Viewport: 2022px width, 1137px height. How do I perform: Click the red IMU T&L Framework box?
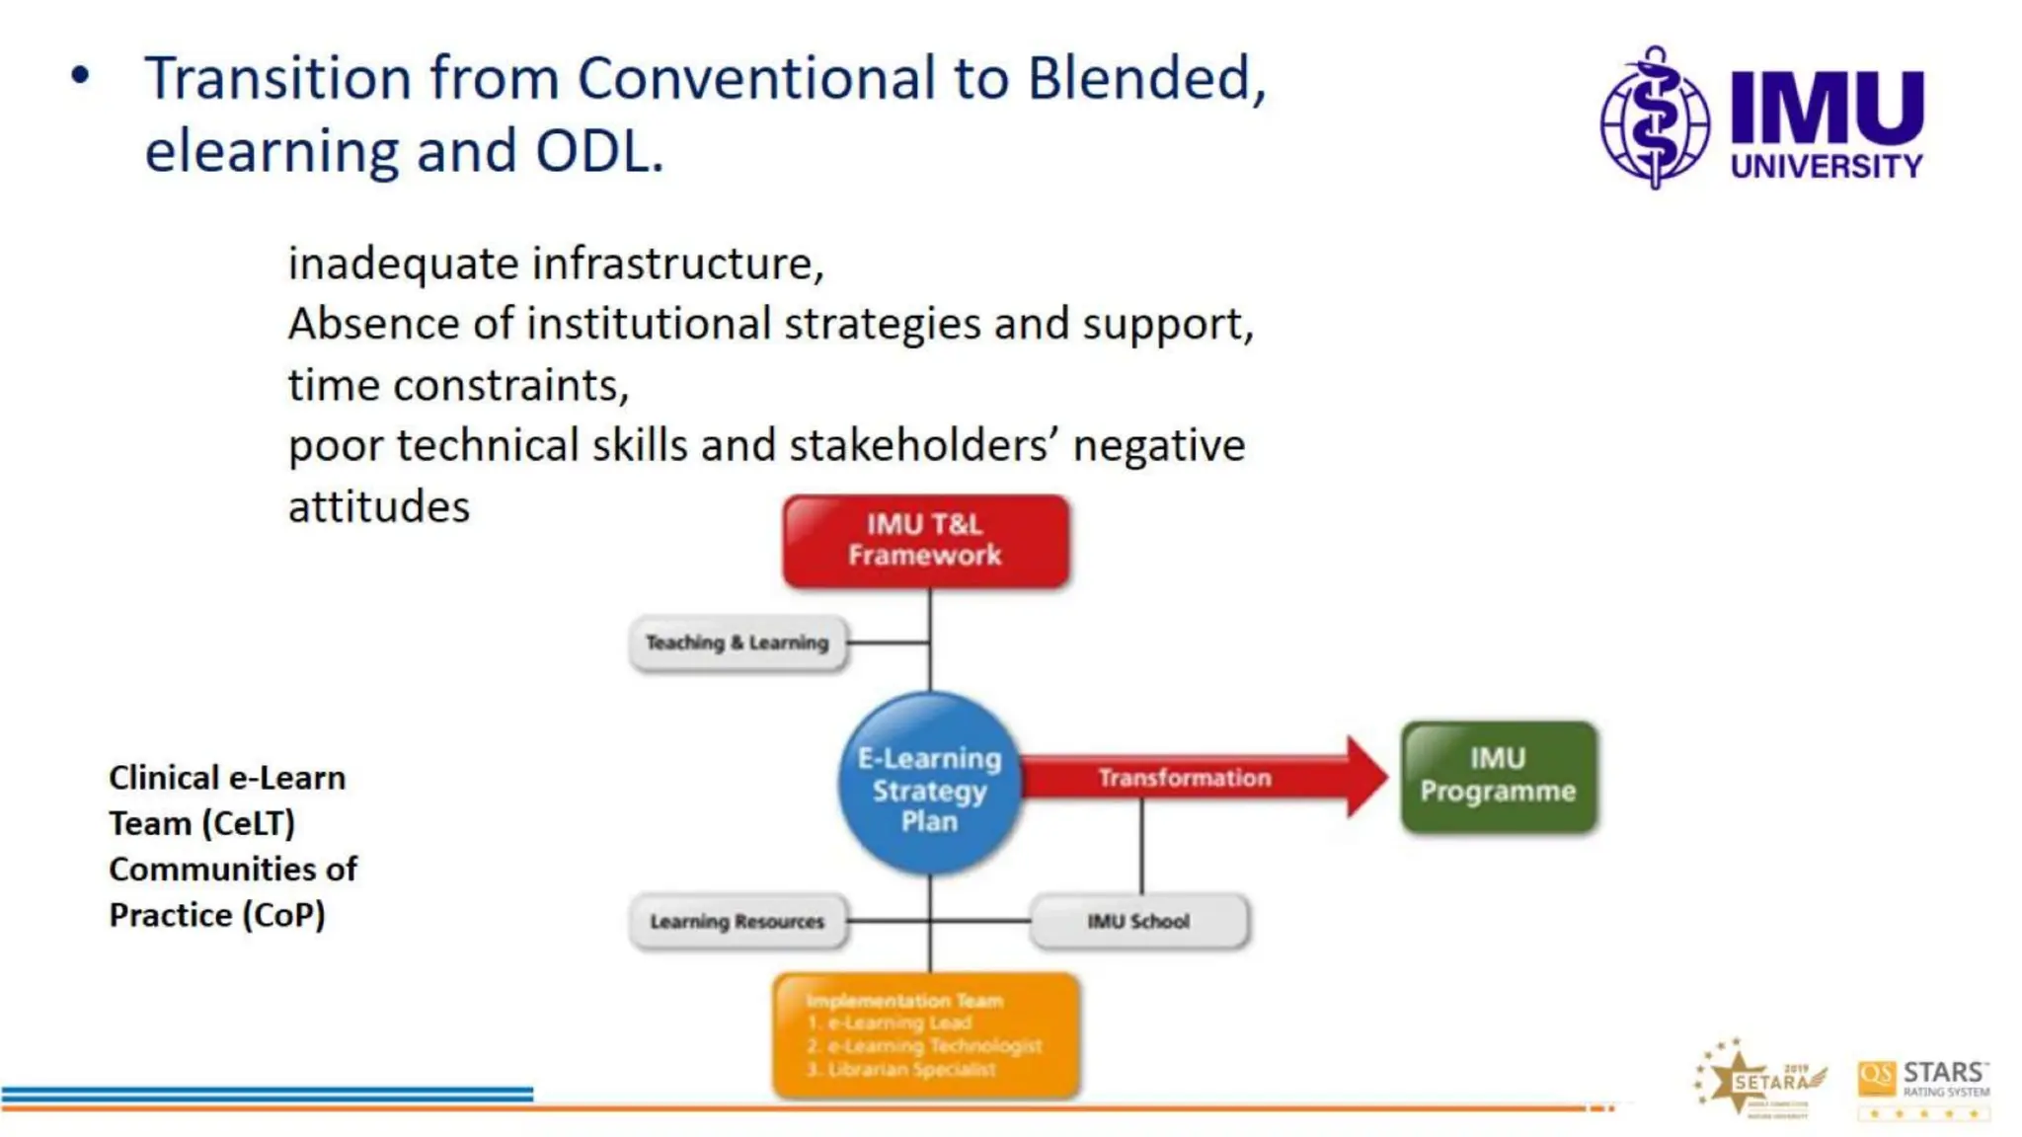pos(925,541)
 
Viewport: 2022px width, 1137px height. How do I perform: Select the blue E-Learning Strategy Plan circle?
pos(929,785)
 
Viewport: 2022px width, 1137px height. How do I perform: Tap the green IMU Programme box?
pos(1498,777)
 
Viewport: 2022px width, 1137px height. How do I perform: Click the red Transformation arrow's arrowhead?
pos(1367,777)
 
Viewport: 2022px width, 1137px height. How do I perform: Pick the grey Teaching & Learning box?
pos(738,643)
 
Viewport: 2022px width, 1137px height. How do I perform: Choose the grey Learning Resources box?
pos(738,921)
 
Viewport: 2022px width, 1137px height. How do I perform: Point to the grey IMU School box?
pos(1138,921)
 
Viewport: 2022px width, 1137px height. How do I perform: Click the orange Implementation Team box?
pos(925,1034)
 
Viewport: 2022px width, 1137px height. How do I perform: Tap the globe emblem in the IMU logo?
pos(1655,118)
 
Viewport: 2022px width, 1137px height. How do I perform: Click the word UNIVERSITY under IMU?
pos(1826,166)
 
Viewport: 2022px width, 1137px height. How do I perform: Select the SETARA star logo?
pos(1757,1080)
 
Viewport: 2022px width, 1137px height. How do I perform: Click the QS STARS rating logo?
pos(1922,1088)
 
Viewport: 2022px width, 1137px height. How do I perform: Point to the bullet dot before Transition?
pos(80,76)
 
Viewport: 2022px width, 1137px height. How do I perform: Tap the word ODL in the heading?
pos(596,152)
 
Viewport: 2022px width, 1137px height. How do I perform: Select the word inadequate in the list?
pos(402,265)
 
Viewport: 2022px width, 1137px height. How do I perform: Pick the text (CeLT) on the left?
pos(251,823)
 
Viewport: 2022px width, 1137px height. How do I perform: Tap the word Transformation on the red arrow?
pos(1184,778)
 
